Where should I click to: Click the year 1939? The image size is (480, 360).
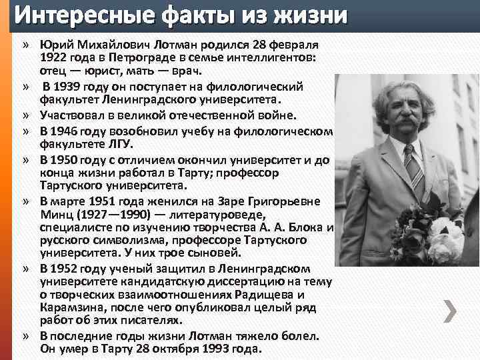(65, 87)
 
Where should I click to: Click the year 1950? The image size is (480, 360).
(65, 160)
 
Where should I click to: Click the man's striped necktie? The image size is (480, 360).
(413, 167)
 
